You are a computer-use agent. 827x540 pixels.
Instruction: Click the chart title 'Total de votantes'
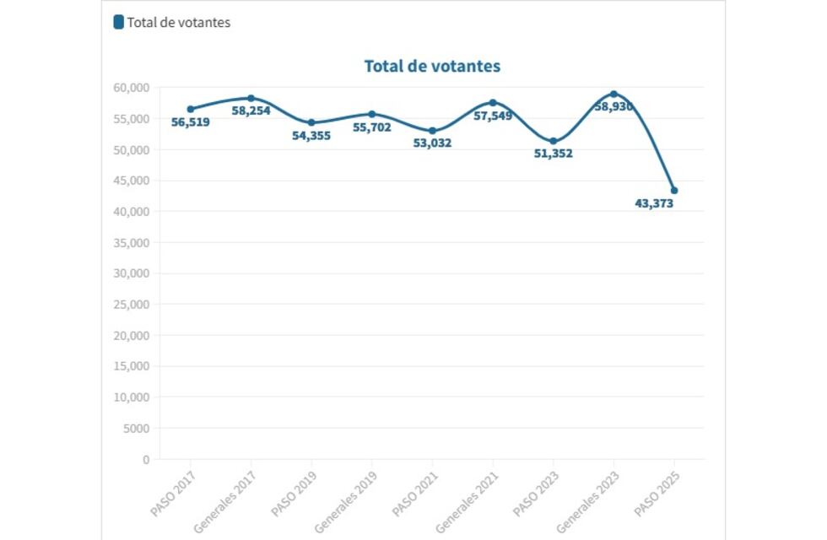pyautogui.click(x=432, y=66)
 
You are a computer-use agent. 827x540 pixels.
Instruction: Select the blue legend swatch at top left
pyautogui.click(x=119, y=22)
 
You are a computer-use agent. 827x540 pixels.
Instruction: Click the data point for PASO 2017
pyautogui.click(x=191, y=109)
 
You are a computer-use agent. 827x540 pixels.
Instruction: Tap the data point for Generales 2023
pyautogui.click(x=613, y=94)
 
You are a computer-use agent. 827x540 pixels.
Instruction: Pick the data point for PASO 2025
pyautogui.click(x=673, y=191)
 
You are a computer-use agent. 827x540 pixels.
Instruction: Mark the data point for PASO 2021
pyautogui.click(x=432, y=131)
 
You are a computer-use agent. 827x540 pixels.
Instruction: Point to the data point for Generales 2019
pyautogui.click(x=372, y=114)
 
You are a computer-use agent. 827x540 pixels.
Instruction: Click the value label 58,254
pyautogui.click(x=251, y=111)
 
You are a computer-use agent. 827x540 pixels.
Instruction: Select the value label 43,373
pyautogui.click(x=654, y=203)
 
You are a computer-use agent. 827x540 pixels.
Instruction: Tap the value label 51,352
pyautogui.click(x=553, y=154)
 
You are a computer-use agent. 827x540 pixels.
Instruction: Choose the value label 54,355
pyautogui.click(x=311, y=135)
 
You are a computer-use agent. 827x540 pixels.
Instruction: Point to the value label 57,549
pyautogui.click(x=493, y=116)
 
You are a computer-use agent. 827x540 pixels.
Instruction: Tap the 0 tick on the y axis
pyautogui.click(x=146, y=460)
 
